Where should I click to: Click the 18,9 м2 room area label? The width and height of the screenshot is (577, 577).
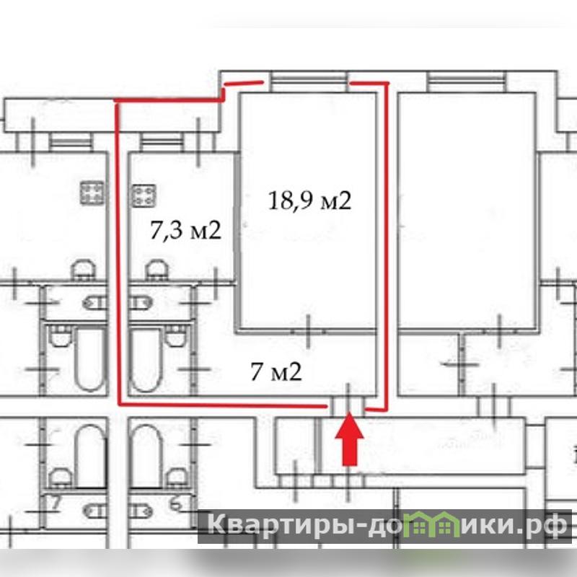click(x=310, y=201)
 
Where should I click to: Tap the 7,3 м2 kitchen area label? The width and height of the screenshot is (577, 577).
click(x=186, y=231)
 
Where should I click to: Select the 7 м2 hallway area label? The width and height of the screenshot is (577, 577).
click(x=276, y=371)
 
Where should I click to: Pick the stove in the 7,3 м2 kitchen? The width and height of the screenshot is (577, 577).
click(x=144, y=195)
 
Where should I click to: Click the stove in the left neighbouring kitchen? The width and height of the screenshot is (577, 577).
click(x=92, y=193)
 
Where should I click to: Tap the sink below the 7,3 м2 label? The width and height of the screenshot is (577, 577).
click(x=157, y=270)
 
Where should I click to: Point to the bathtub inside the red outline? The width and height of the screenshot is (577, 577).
click(x=146, y=359)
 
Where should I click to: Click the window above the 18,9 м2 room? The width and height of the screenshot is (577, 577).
click(x=310, y=82)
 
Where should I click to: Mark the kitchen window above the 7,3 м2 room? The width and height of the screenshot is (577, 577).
click(x=161, y=141)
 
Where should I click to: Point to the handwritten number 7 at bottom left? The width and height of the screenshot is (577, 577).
click(x=56, y=503)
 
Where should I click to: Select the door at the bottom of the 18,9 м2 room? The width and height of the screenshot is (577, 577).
click(x=309, y=331)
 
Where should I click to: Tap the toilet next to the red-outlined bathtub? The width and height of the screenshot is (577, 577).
click(x=175, y=335)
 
